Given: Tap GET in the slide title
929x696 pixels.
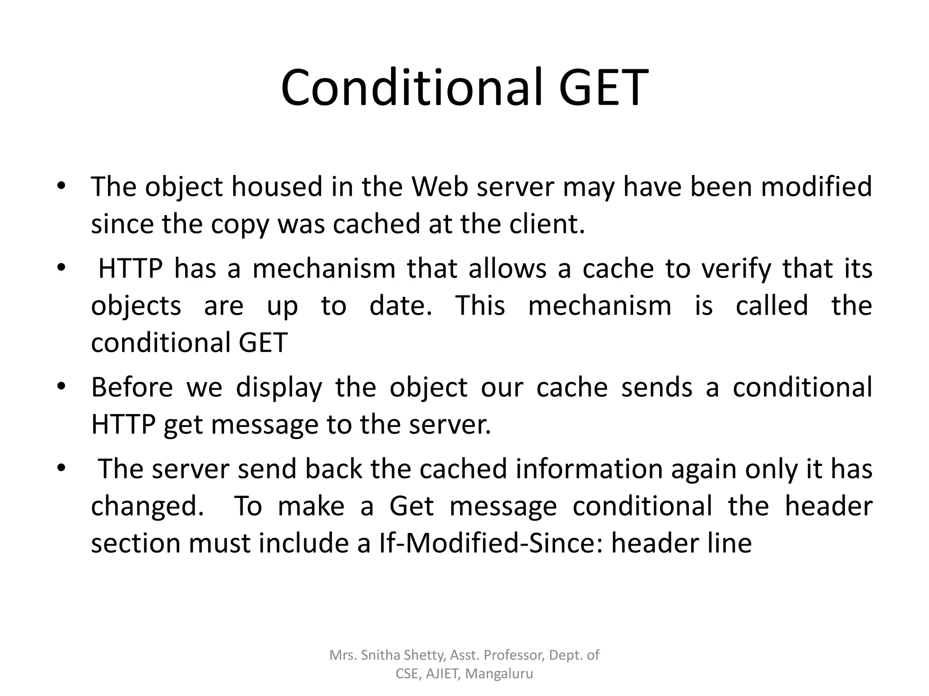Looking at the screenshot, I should [x=603, y=87].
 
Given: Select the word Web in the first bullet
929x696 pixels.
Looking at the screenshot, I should [x=439, y=187].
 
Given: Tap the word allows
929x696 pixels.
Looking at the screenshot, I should [x=508, y=268].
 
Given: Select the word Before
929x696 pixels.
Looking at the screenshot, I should [x=132, y=387].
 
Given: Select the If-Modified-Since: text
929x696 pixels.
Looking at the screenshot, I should [x=491, y=543].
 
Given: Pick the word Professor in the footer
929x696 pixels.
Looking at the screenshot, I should [x=513, y=655].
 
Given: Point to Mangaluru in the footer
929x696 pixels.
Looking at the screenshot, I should [x=499, y=674].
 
